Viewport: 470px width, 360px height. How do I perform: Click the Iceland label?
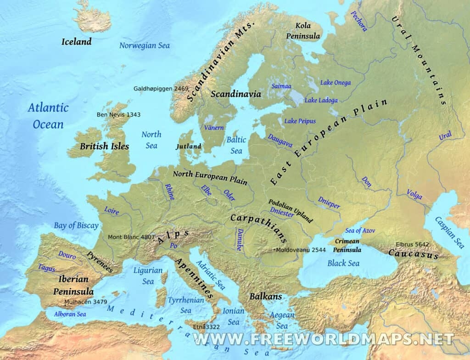point(77,42)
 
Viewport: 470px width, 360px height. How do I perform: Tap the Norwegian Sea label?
point(145,45)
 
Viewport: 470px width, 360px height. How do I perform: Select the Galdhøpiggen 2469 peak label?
point(161,88)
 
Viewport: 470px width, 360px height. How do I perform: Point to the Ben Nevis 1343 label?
point(118,114)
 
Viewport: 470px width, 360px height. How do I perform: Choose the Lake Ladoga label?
point(321,100)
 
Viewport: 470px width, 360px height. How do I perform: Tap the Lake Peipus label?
point(300,121)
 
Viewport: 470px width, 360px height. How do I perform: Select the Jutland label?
point(189,146)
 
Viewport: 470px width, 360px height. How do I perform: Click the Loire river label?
point(112,211)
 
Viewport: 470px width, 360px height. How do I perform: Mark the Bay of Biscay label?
point(76,225)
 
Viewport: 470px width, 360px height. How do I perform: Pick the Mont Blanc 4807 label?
point(131,237)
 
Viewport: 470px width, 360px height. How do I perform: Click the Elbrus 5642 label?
point(413,244)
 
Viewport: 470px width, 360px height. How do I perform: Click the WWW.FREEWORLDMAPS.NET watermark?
point(324,339)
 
